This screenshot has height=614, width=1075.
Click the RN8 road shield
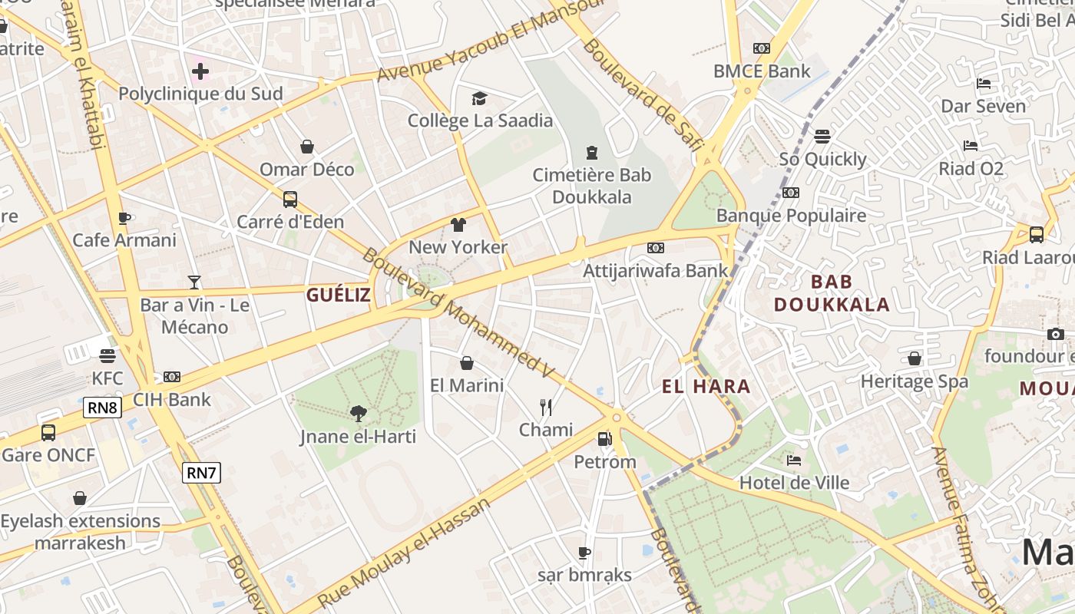(x=102, y=407)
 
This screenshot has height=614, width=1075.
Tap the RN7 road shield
(x=201, y=473)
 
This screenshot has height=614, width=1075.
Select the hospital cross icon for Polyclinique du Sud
(x=200, y=71)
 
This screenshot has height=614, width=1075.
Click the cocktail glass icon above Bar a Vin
(x=194, y=282)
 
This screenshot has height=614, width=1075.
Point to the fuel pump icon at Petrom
(x=605, y=439)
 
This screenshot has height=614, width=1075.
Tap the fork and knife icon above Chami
(x=546, y=407)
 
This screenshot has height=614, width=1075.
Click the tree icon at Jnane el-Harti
(x=358, y=414)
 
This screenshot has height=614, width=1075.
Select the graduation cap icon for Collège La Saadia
(x=480, y=98)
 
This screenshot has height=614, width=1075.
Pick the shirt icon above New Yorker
(x=458, y=224)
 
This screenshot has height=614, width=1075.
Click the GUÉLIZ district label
(x=339, y=295)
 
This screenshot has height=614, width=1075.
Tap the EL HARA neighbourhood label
(x=706, y=386)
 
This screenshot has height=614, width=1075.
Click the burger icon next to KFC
(x=107, y=355)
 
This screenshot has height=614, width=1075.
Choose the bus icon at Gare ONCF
(x=48, y=432)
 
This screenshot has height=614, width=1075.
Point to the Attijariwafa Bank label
(x=655, y=270)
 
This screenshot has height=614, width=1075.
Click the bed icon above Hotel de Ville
(x=794, y=460)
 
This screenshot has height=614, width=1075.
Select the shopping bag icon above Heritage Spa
(x=914, y=358)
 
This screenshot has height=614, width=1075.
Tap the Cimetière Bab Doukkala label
(x=592, y=186)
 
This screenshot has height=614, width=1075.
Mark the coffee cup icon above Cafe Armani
(x=124, y=218)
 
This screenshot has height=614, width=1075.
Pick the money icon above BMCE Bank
(x=761, y=48)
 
